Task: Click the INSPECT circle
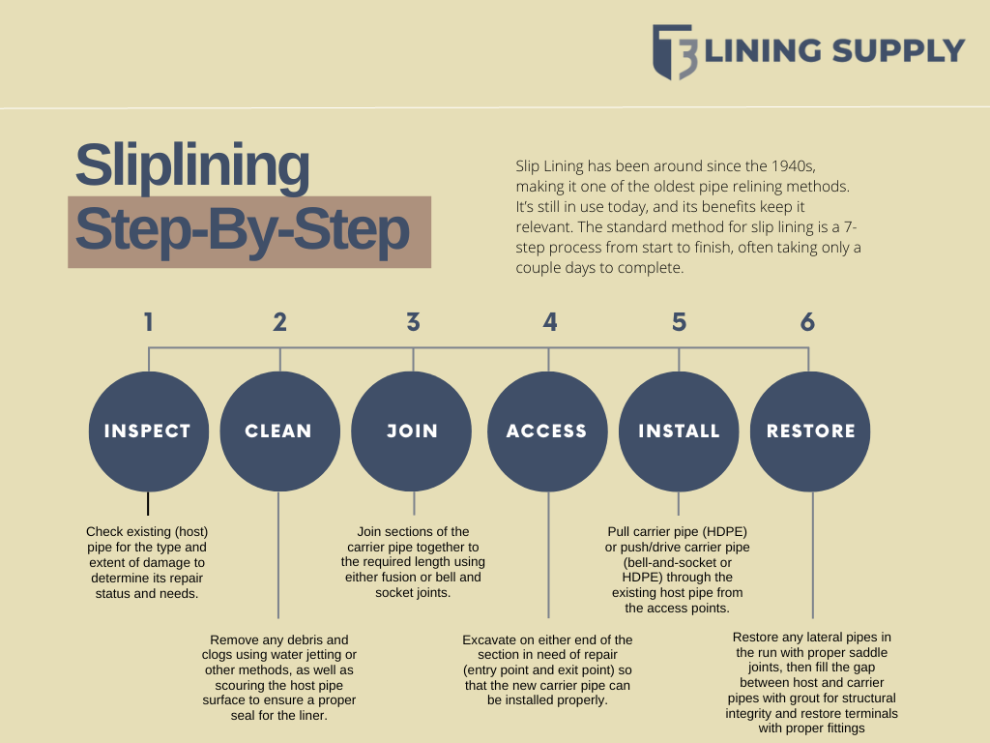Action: pyautogui.click(x=148, y=431)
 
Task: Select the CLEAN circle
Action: pyautogui.click(x=279, y=431)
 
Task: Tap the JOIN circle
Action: pyautogui.click(x=413, y=431)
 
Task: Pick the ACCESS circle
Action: pyautogui.click(x=547, y=431)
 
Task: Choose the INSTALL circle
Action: pyautogui.click(x=679, y=431)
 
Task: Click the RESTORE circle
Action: pyautogui.click(x=811, y=431)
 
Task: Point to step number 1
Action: pyautogui.click(x=148, y=322)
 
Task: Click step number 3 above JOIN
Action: pyautogui.click(x=413, y=322)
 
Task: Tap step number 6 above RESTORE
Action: pyautogui.click(x=807, y=322)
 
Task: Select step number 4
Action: pyautogui.click(x=549, y=322)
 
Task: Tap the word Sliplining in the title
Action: pyautogui.click(x=192, y=165)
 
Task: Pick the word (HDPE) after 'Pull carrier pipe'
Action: pyautogui.click(x=724, y=532)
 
